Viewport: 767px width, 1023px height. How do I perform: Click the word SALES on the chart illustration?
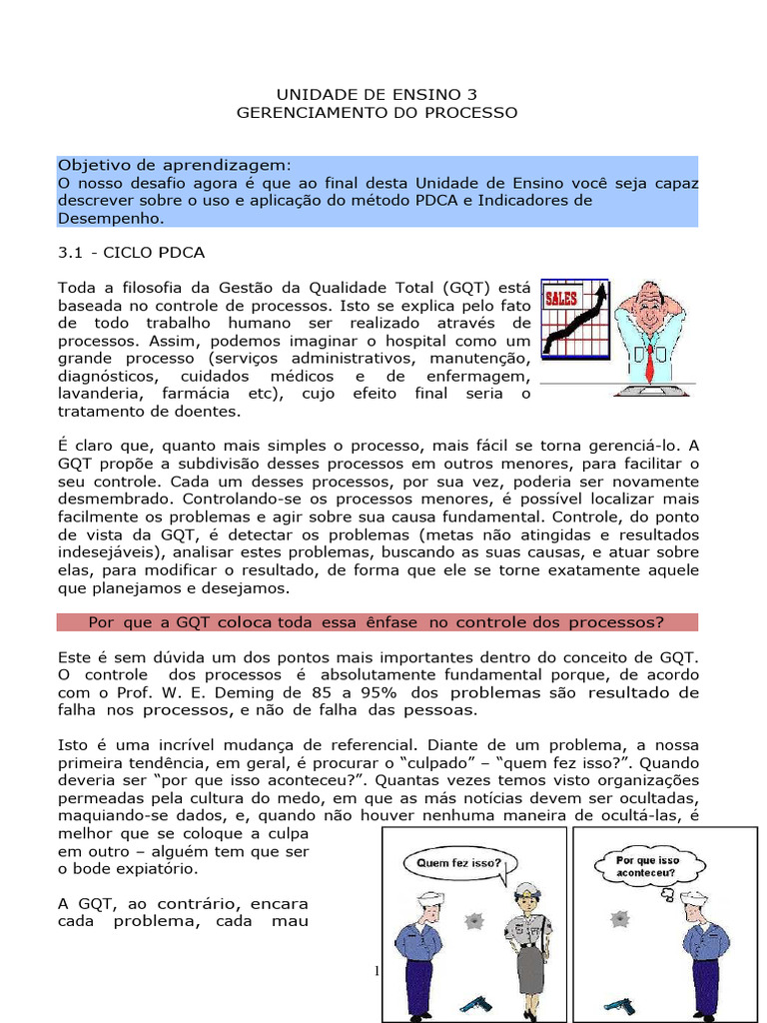click(561, 299)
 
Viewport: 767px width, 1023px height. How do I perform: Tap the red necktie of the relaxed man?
click(650, 359)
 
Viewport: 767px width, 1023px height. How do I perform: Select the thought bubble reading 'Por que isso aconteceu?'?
click(647, 865)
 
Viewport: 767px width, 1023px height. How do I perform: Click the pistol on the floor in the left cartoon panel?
click(475, 1003)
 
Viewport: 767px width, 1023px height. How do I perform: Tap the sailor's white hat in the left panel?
click(429, 898)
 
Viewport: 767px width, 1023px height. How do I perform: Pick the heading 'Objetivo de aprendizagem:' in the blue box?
click(174, 165)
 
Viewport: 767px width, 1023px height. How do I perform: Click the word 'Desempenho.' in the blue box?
click(109, 218)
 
